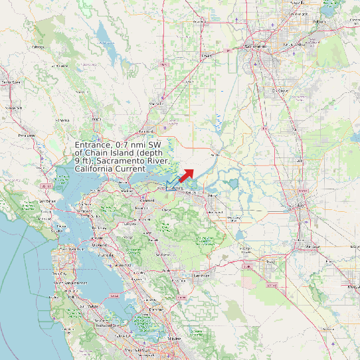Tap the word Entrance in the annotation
[93, 144]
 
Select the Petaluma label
[27, 135]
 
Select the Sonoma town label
[62, 120]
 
